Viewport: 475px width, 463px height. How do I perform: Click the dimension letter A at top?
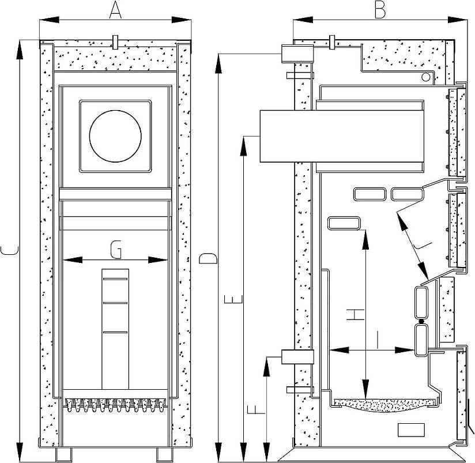pos(115,11)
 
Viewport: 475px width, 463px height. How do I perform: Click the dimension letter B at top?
pos(380,10)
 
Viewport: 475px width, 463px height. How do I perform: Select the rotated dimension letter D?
pos(208,258)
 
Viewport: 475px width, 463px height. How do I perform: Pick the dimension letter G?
pos(116,250)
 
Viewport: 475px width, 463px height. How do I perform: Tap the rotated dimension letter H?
pos(356,314)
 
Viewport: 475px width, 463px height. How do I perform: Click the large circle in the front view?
pos(115,136)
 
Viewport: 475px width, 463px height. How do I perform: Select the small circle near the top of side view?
pos(425,77)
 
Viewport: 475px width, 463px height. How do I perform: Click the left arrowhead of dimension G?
pos(73,260)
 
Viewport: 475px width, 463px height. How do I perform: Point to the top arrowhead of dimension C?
pos(20,50)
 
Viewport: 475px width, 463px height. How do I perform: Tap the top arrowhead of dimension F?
pos(266,367)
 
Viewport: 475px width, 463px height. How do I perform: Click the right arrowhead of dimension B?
pos(458,20)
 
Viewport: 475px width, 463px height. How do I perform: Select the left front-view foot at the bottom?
pos(63,454)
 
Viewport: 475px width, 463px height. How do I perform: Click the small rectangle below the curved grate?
pos(411,430)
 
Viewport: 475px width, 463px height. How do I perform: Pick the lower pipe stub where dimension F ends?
pos(297,357)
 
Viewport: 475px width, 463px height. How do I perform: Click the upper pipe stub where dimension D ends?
pos(297,54)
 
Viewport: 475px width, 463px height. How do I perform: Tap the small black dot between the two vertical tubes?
pos(420,322)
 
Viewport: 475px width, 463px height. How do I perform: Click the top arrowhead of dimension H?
pos(366,240)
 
